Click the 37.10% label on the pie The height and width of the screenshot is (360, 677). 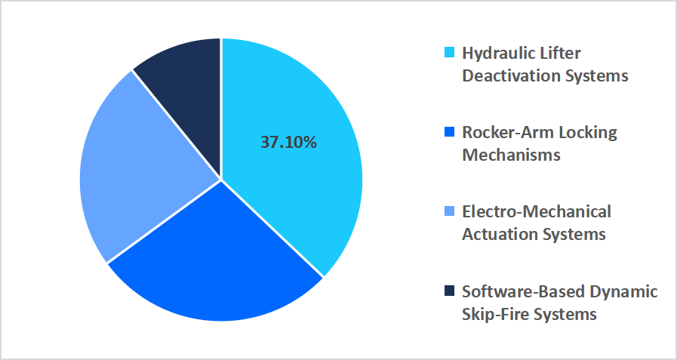click(x=288, y=142)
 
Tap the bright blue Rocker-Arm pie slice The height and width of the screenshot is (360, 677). click(x=219, y=264)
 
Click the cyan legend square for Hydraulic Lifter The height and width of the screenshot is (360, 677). click(x=450, y=54)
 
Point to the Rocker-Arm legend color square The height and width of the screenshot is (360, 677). click(x=450, y=133)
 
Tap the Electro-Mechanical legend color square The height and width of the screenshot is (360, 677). click(x=450, y=212)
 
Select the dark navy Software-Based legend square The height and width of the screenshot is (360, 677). click(x=450, y=291)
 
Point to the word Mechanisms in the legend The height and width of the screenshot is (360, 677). click(x=511, y=155)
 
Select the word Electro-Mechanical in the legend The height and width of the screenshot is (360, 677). click(x=537, y=211)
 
